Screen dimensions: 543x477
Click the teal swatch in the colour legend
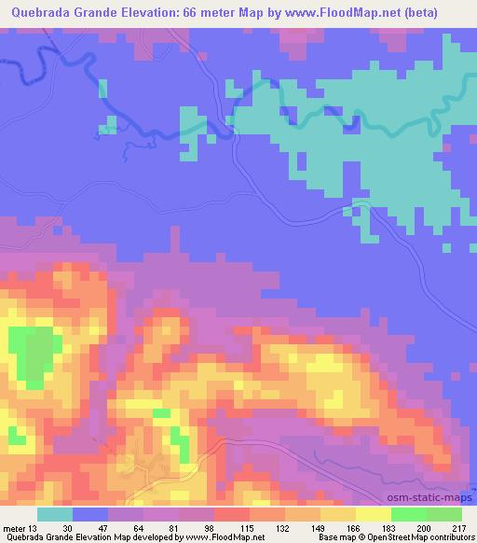pos(55,513)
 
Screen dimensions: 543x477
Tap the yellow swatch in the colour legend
pos(374,513)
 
